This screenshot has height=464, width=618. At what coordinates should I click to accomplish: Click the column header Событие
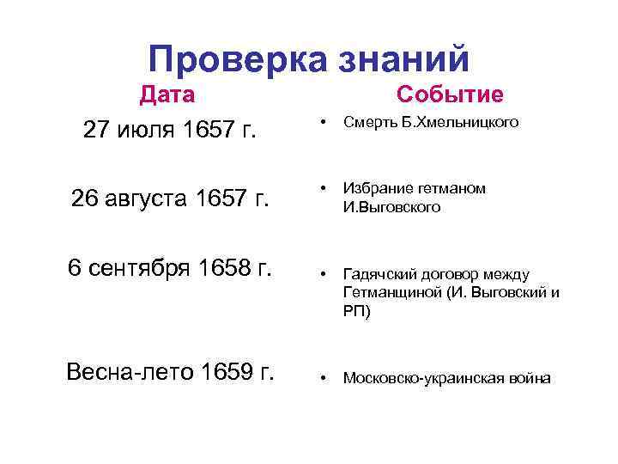tap(450, 95)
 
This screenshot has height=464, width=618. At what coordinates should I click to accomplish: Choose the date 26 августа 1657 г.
tap(170, 200)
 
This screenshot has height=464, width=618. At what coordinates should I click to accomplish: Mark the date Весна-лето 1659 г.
tap(170, 372)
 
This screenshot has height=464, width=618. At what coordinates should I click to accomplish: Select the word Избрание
tap(378, 188)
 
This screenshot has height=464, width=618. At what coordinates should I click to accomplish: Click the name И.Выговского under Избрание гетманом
tap(392, 207)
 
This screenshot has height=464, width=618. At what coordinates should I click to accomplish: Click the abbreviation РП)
tap(358, 312)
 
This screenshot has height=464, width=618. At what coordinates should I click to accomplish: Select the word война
tap(529, 378)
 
